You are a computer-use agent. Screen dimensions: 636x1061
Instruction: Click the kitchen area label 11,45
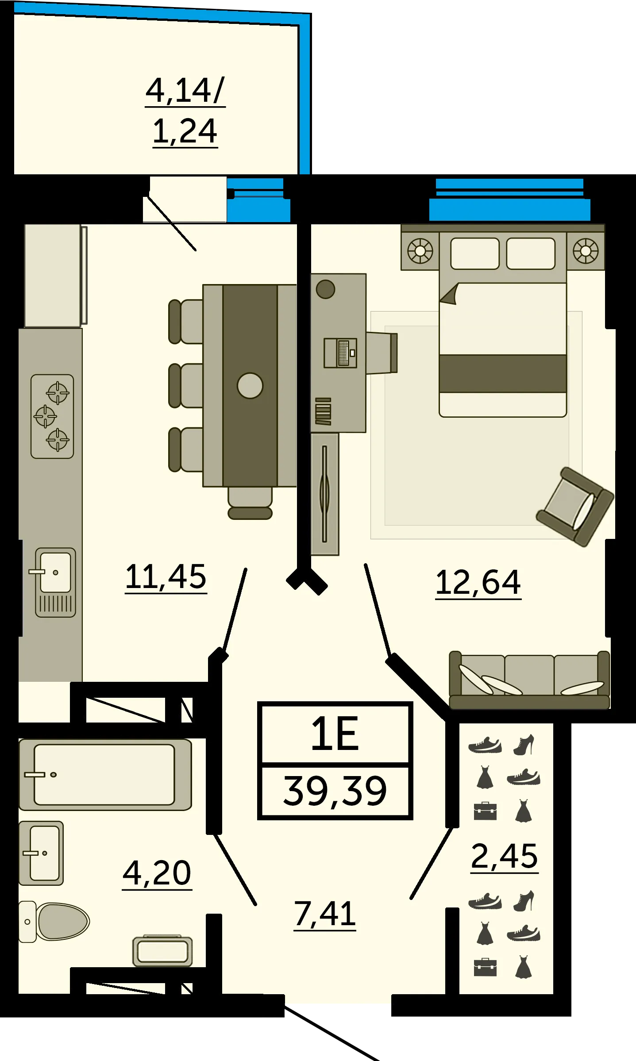pos(166,577)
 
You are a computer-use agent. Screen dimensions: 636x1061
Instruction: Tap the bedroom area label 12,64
pos(478,583)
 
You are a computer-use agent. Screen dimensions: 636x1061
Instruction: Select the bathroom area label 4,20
pos(157,873)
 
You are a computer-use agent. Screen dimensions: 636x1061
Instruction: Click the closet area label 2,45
pos(505,857)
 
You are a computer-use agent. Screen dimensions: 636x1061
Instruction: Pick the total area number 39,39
pos(335,791)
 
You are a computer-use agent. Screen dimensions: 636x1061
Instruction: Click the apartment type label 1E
pos(335,734)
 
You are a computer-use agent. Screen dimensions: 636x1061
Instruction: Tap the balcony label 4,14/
pos(185,91)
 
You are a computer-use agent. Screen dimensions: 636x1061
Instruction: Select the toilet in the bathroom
pos(54,921)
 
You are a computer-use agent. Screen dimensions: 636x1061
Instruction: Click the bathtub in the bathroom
pos(105,774)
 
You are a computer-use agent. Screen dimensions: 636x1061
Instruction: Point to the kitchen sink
pos(55,582)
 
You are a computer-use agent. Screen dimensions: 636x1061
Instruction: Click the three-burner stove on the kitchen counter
pos(52,416)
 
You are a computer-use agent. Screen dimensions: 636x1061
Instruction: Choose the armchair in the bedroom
pos(575,507)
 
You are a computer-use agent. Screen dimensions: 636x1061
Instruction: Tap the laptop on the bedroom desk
pos(340,353)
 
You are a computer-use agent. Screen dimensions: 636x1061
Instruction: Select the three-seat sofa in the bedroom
pos(529,680)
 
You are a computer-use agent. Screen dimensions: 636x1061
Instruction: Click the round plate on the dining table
pos(250,385)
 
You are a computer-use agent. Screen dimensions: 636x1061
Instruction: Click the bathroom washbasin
pos(41,853)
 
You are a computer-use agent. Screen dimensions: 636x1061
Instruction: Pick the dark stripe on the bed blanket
pos(503,373)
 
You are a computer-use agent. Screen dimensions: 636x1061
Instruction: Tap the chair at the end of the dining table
pos(250,503)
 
